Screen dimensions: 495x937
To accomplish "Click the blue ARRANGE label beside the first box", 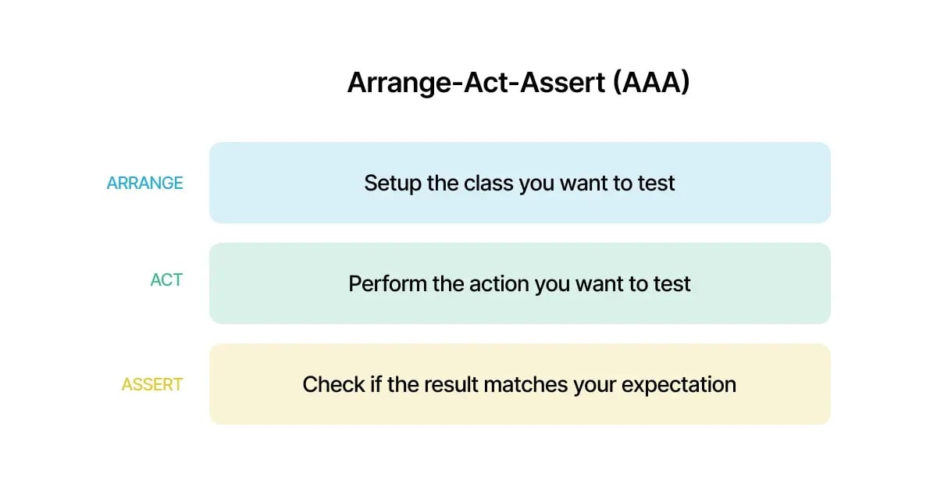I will pyautogui.click(x=144, y=183).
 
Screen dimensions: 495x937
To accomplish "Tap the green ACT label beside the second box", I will pyautogui.click(x=166, y=280).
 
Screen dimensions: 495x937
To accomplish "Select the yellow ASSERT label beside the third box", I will pyautogui.click(x=152, y=385).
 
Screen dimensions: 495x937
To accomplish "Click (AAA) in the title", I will pyautogui.click(x=651, y=83).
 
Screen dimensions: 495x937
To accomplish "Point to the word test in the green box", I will pyautogui.click(x=672, y=283).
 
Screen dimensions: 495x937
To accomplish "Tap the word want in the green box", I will pyautogui.click(x=600, y=283).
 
